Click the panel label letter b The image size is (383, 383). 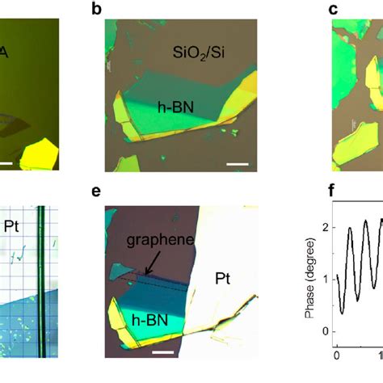coord(119,9)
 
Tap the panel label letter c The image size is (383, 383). coord(333,9)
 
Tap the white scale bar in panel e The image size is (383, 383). coord(163,353)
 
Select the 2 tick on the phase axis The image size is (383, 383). coord(326,229)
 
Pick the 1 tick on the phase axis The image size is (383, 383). coord(326,280)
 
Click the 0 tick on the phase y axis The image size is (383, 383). coord(326,331)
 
